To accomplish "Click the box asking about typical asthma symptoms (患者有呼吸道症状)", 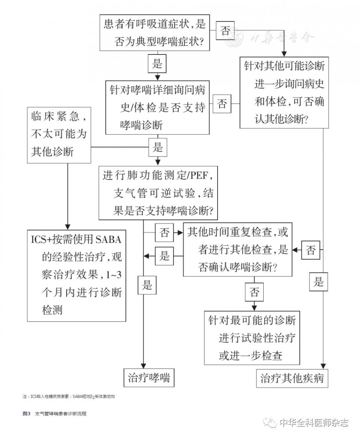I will point(154,33).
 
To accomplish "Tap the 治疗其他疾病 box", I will point(292,379).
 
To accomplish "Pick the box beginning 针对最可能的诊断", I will point(252,338).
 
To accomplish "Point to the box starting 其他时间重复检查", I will point(237,250).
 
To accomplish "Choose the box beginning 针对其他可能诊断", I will point(284,93).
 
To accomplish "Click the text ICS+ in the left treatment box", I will point(43,239).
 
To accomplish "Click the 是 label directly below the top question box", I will point(157,63).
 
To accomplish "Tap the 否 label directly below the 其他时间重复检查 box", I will point(254,292).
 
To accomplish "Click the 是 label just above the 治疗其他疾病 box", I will point(318,281).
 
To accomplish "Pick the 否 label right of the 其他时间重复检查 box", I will point(311,250).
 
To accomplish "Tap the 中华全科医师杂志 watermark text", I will point(314,423).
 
